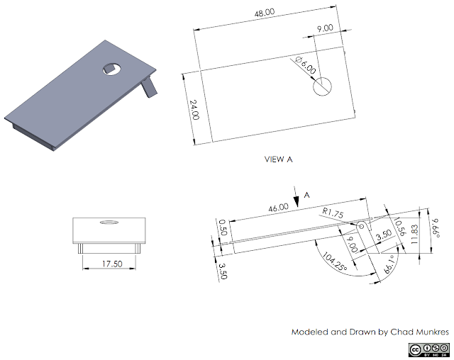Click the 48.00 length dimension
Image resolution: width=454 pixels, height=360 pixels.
pyautogui.click(x=265, y=13)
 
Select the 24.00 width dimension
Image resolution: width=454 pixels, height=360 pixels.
pyautogui.click(x=194, y=111)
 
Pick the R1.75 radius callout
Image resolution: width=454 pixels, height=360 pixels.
pyautogui.click(x=333, y=211)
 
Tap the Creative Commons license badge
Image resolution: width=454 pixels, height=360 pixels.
pyautogui.click(x=428, y=349)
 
